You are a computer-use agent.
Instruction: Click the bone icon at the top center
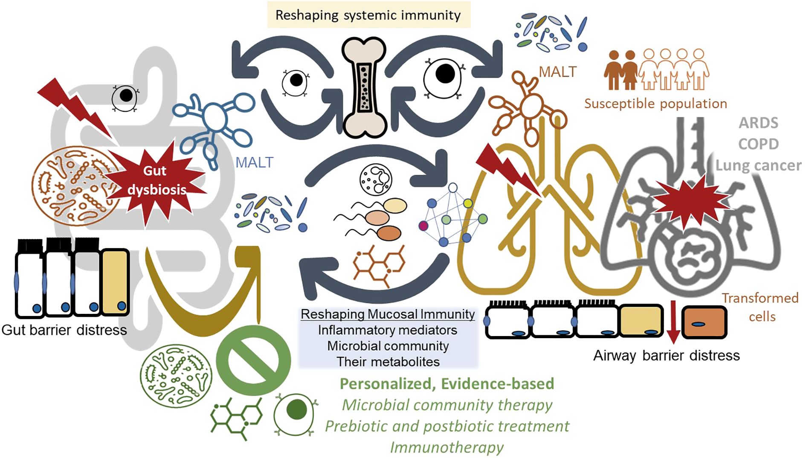click(x=364, y=87)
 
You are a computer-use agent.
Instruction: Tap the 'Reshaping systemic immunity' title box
click(x=368, y=15)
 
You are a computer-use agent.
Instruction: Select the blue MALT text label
click(x=254, y=162)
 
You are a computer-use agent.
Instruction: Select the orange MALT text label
click(x=557, y=72)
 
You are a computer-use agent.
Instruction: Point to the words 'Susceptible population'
click(x=655, y=104)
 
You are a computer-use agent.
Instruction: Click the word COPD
click(x=758, y=144)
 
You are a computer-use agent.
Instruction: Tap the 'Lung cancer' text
click(x=758, y=165)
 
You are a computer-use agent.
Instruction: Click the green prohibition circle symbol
click(x=253, y=361)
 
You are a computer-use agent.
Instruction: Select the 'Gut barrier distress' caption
click(x=64, y=330)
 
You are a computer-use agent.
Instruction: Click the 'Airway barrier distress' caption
click(x=666, y=355)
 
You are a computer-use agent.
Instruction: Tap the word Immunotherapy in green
click(x=446, y=447)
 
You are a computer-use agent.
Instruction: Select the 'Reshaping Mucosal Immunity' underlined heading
click(x=387, y=314)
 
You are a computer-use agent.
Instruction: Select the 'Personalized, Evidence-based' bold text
click(x=446, y=384)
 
